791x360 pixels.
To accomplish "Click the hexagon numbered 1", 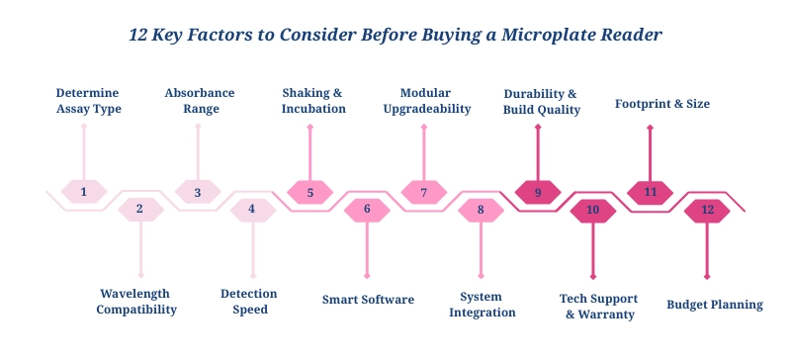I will [84, 192].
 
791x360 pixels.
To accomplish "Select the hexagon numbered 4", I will [251, 209].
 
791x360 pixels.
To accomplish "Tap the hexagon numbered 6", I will [367, 209].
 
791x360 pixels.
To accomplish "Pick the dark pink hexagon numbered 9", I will [538, 192].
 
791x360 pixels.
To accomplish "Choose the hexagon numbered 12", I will [707, 209].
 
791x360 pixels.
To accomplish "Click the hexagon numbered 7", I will [424, 192].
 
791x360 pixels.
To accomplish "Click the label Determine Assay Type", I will [88, 101].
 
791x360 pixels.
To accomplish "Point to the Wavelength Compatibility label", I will [138, 301].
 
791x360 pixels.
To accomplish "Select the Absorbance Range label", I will [200, 101].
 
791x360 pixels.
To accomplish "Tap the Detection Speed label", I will [249, 301].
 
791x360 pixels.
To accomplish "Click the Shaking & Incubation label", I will [313, 101].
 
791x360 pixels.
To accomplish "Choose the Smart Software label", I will [368, 299].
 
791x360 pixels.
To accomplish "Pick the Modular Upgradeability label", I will [427, 101].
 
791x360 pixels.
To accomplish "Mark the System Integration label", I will [483, 304].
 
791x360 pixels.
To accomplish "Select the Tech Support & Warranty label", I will [598, 306].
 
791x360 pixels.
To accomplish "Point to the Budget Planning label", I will [714, 305].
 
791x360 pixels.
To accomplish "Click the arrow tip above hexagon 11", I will [650, 128].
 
